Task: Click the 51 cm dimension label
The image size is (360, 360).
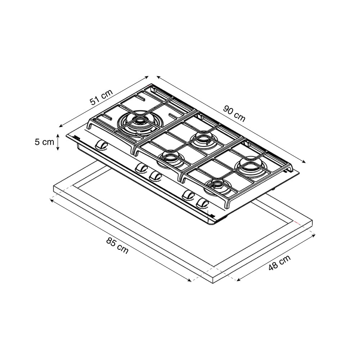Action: click(x=101, y=97)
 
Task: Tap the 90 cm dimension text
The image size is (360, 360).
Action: click(x=234, y=113)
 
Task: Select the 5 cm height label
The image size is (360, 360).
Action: click(x=44, y=142)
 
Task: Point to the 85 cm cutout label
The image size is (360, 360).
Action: click(x=117, y=246)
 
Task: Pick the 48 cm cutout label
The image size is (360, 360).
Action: click(x=280, y=262)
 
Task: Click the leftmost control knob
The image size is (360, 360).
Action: click(x=101, y=145)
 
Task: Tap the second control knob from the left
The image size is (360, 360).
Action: click(x=141, y=168)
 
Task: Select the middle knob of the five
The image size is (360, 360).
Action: click(x=155, y=176)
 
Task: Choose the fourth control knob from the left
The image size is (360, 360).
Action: click(x=189, y=195)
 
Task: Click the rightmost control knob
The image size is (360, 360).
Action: click(x=203, y=203)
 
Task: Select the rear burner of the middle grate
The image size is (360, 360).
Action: click(x=203, y=139)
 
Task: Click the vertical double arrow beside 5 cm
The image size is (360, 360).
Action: click(x=58, y=142)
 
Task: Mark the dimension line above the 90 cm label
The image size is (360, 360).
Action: click(x=231, y=119)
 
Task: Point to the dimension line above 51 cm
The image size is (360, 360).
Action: click(x=104, y=102)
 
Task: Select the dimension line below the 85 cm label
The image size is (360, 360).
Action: click(x=120, y=240)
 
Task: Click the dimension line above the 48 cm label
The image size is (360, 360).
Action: click(x=276, y=258)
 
